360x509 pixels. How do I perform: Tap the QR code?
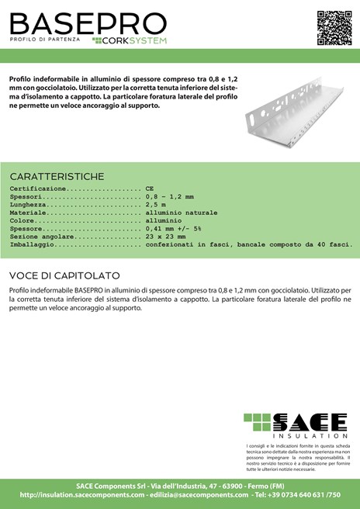328,23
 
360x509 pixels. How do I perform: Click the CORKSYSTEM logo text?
133,40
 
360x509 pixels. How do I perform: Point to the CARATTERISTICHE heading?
56,176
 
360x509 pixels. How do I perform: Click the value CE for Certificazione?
150,189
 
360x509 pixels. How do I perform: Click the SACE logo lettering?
306,423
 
